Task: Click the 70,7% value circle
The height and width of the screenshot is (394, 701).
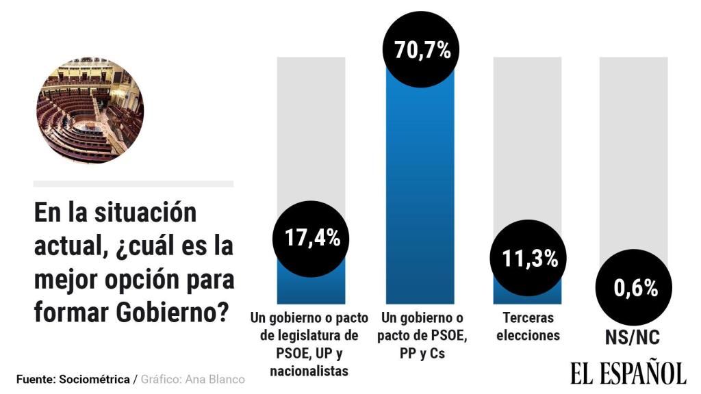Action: [x=422, y=50]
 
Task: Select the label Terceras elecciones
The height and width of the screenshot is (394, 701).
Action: [x=528, y=327]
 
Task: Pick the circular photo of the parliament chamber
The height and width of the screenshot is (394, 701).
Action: [x=89, y=110]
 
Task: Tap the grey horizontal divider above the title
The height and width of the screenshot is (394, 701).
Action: [x=133, y=184]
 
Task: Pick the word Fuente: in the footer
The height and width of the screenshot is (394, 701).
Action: [x=36, y=379]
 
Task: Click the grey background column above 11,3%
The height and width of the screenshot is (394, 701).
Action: [x=527, y=137]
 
